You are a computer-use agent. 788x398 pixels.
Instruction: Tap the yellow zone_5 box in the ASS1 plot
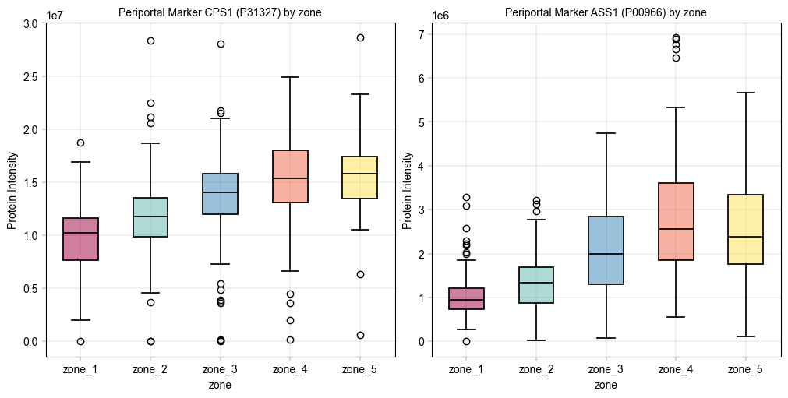click(x=745, y=230)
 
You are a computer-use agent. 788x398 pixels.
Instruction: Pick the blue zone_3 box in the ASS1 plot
click(x=606, y=250)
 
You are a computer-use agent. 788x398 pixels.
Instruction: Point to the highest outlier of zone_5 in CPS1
click(x=360, y=37)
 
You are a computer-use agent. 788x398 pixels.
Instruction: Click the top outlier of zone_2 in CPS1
click(x=150, y=41)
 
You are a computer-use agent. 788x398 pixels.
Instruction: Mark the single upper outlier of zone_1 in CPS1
click(x=80, y=143)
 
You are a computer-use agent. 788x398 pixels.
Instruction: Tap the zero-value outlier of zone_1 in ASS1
click(x=466, y=341)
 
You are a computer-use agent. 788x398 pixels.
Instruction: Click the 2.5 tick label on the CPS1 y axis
click(x=30, y=76)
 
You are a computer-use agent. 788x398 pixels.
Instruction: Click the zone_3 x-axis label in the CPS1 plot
click(x=220, y=369)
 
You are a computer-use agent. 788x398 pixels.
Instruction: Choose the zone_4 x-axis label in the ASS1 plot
click(x=676, y=369)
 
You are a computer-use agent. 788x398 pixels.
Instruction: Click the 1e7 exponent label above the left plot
click(x=56, y=15)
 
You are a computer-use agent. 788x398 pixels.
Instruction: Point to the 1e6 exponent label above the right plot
click(x=442, y=15)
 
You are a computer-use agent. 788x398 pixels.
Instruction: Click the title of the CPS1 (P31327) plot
click(x=220, y=12)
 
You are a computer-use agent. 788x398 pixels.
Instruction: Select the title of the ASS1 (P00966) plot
click(x=606, y=12)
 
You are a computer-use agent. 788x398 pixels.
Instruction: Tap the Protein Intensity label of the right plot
click(x=407, y=190)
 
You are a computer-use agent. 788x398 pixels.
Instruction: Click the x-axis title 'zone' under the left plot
click(x=220, y=385)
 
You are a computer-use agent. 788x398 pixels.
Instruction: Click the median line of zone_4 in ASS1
click(x=676, y=229)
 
